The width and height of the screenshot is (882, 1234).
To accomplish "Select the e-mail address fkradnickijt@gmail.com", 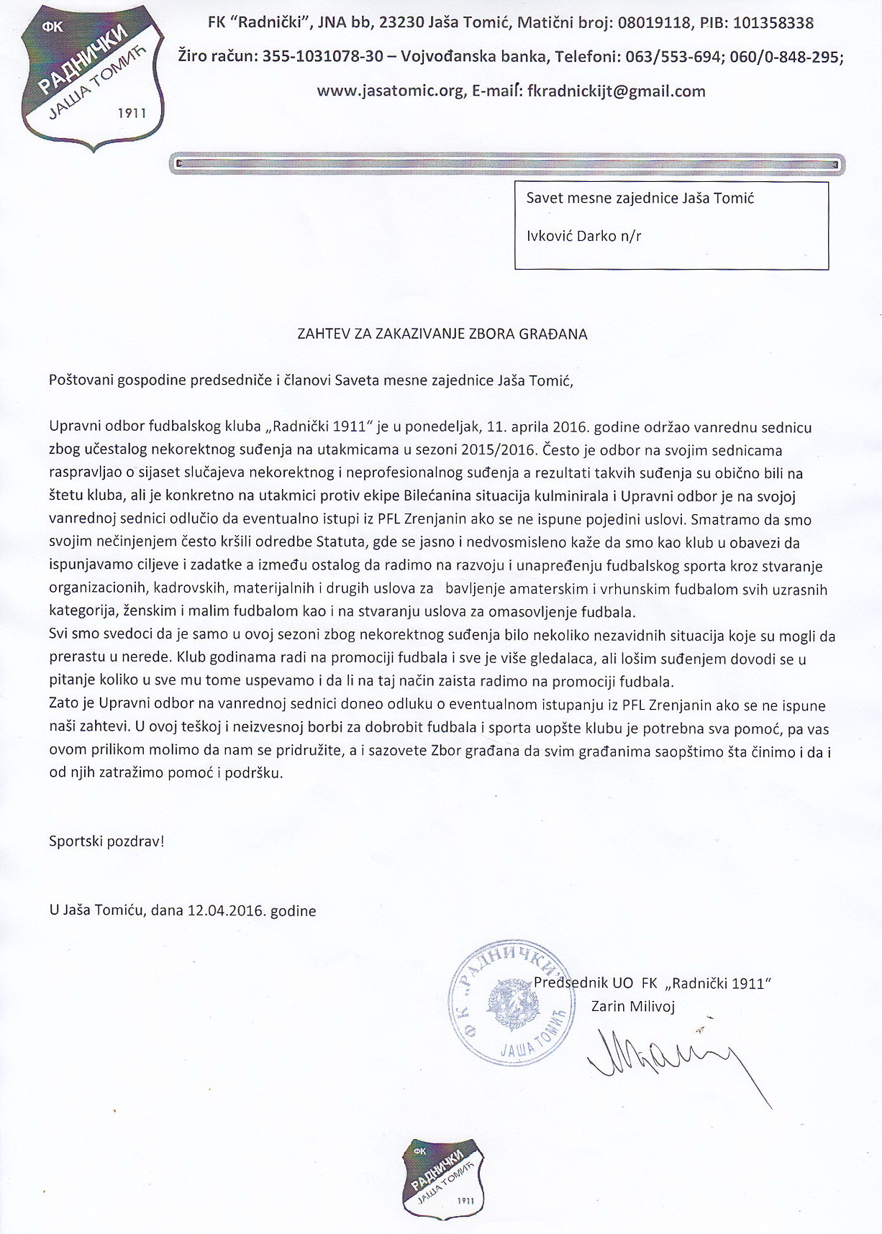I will [617, 91].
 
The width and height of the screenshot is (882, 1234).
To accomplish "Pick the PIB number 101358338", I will [773, 23].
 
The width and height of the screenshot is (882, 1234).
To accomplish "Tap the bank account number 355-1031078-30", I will [322, 57].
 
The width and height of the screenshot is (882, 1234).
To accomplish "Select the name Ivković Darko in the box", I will [571, 235].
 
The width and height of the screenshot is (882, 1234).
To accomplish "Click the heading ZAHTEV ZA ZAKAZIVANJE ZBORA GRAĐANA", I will [442, 334].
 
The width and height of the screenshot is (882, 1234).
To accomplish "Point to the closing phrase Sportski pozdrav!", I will [106, 841].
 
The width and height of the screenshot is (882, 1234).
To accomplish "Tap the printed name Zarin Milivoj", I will [633, 1006].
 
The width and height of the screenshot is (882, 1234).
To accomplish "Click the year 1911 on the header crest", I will [131, 114].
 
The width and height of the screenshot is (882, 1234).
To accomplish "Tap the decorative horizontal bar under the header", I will [507, 164].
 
